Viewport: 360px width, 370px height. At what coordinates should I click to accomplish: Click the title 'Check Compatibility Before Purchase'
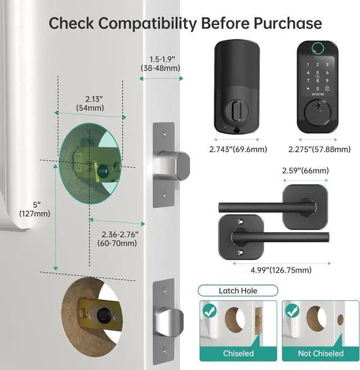(x=185, y=23)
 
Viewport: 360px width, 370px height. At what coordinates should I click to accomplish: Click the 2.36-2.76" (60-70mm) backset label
(x=113, y=239)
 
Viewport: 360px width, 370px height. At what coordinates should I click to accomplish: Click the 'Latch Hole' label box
(x=238, y=291)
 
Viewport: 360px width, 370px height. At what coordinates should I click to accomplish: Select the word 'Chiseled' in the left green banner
(x=238, y=353)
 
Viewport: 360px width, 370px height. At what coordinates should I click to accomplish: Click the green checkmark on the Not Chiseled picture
(x=290, y=310)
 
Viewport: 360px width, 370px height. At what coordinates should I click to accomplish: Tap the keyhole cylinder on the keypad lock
(x=316, y=121)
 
